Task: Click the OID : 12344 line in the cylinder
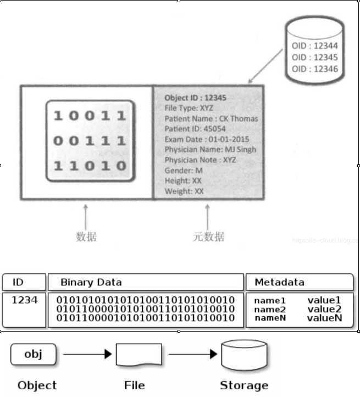[x=315, y=46]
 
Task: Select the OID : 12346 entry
[x=315, y=69]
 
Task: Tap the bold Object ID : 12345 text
[x=195, y=98]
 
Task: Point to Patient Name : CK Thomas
[x=211, y=118]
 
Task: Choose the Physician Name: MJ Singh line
[x=210, y=149]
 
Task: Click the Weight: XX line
[x=184, y=191]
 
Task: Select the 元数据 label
[x=208, y=237]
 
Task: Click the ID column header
[x=18, y=282]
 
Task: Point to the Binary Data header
[x=91, y=282]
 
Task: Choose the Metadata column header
[x=279, y=282]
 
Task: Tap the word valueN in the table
[x=324, y=318]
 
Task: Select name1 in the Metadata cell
[x=270, y=300]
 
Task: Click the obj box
[x=33, y=354]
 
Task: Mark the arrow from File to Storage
[x=190, y=354]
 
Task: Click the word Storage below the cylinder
[x=244, y=385]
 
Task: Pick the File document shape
[x=139, y=355]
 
